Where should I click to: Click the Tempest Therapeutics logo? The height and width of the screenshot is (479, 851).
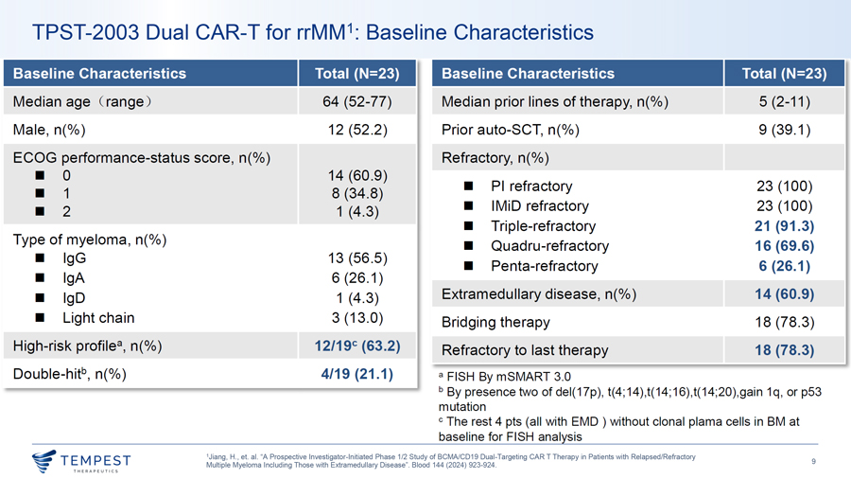(81, 461)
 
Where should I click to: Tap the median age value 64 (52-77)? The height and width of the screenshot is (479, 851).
(357, 101)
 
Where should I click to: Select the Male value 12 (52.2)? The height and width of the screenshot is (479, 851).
(357, 130)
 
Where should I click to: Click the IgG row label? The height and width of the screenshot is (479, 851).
(75, 258)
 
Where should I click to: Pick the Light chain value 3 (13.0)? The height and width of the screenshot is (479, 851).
(357, 318)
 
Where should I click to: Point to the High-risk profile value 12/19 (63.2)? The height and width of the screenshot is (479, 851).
(357, 346)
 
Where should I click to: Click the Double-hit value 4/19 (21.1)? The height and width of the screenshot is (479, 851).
(357, 374)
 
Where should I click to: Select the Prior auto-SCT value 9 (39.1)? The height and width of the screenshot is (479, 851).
(784, 130)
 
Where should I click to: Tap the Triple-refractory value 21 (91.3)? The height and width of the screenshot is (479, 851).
(784, 226)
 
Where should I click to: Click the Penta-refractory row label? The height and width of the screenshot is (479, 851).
(545, 266)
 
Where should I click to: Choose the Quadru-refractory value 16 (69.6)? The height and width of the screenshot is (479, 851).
(784, 246)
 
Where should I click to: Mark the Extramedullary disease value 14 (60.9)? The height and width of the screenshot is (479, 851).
(784, 293)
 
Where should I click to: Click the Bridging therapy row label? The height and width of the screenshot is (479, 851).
(495, 322)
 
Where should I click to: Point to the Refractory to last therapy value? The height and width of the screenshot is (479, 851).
(784, 350)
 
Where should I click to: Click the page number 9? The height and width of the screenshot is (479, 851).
(813, 461)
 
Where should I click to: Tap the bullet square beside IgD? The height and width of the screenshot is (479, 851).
(40, 297)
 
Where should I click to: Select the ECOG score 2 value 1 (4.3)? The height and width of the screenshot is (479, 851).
(357, 211)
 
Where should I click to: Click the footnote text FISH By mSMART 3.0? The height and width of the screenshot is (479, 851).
(509, 377)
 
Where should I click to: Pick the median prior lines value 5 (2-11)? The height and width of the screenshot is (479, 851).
(784, 101)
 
